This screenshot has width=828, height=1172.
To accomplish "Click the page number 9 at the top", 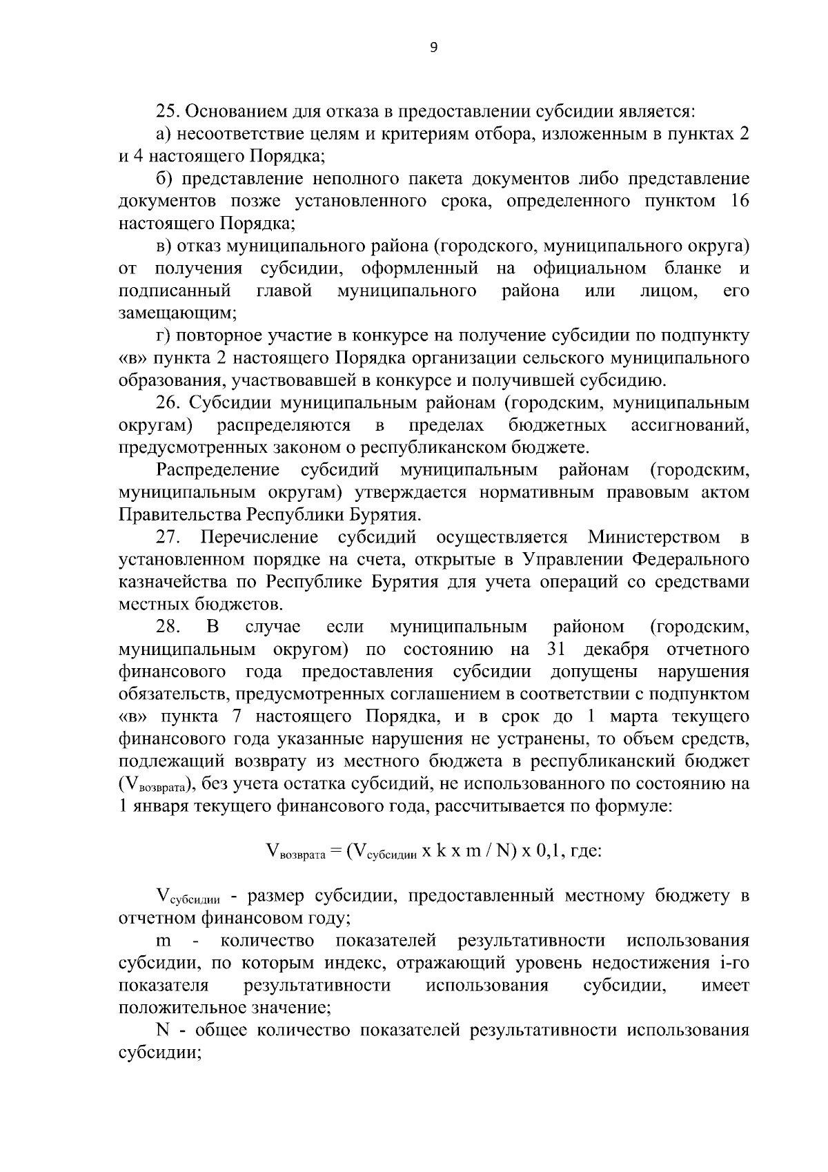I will (433, 48).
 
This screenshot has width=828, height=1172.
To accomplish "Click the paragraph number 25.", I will (168, 111).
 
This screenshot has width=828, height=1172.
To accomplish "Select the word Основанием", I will (232, 111).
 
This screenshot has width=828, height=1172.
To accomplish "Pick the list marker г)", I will (164, 335).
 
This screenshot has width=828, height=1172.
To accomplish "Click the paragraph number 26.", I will (168, 402).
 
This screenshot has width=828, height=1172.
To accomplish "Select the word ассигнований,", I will (690, 424).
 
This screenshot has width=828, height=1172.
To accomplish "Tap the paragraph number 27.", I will (168, 537).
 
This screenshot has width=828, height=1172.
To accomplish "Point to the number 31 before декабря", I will (557, 650).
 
